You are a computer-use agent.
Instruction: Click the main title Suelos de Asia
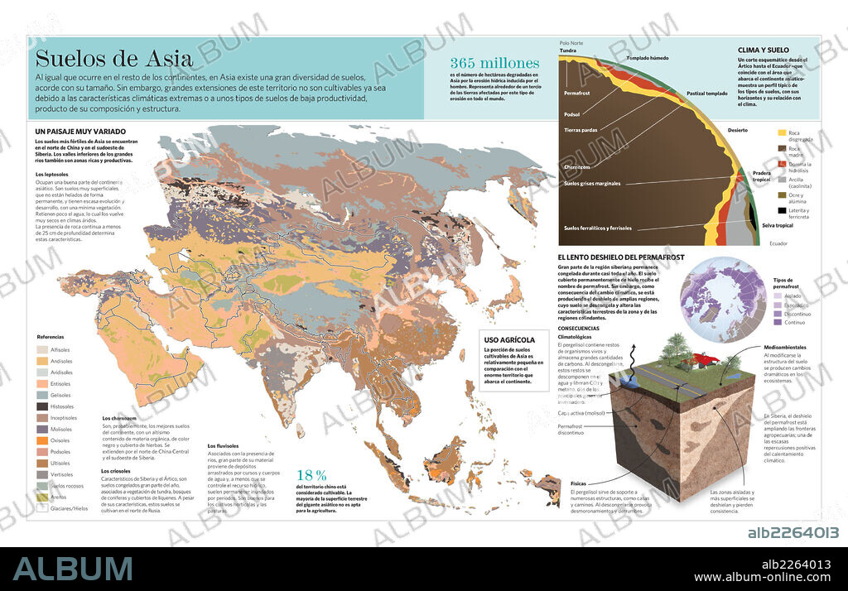coord(113,59)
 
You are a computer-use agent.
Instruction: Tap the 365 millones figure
coord(494,63)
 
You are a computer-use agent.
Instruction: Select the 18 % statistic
coord(311,475)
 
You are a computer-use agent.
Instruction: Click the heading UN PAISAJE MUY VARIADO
coord(80,131)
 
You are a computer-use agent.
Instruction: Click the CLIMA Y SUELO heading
coord(763,50)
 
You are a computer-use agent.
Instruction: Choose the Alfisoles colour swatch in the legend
coord(41,350)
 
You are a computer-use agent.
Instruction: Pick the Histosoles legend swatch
coord(41,406)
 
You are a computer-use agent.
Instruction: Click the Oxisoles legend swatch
coord(41,440)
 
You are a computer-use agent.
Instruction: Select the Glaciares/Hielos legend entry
coord(41,508)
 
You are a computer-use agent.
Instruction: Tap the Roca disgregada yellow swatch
coord(782,132)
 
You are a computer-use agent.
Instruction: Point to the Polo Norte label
coord(571,42)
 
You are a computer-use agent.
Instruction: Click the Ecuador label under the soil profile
coord(778,243)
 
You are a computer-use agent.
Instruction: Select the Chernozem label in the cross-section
coord(577,166)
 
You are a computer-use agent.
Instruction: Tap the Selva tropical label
coord(777,225)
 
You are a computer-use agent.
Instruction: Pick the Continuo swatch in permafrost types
coord(776,322)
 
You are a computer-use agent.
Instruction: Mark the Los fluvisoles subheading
coord(224,446)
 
